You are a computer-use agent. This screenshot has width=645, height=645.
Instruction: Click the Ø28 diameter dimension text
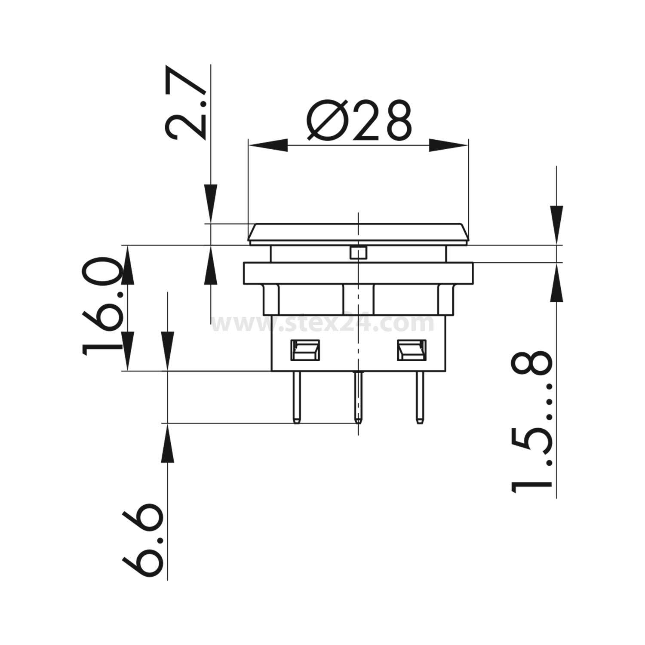click(x=359, y=121)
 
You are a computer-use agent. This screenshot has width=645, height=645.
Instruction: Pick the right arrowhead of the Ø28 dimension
click(x=447, y=145)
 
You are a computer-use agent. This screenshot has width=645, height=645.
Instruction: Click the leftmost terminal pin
click(x=296, y=396)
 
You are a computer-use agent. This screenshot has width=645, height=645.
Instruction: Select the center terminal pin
click(x=358, y=396)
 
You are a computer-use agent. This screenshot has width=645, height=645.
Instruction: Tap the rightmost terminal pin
click(x=419, y=396)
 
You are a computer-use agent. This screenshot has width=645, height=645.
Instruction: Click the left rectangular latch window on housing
click(x=306, y=350)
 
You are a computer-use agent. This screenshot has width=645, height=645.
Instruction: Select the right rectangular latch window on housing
click(x=411, y=350)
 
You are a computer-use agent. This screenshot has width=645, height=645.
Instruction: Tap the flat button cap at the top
click(x=358, y=233)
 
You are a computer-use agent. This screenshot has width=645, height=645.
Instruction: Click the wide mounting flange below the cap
click(x=358, y=273)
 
